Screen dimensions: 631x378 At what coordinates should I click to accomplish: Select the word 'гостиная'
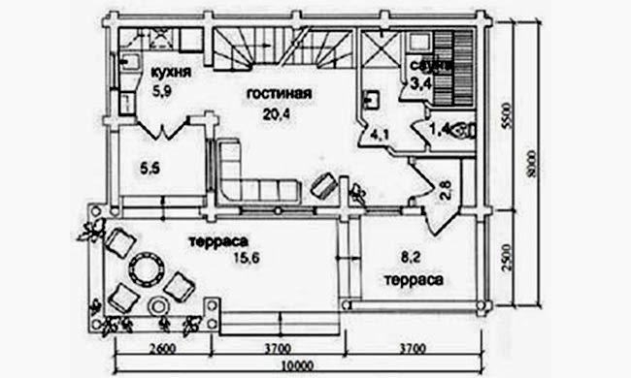pos(278,94)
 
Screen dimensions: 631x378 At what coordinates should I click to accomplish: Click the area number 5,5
pos(149,168)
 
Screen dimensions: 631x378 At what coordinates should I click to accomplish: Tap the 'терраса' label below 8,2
pos(415,278)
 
